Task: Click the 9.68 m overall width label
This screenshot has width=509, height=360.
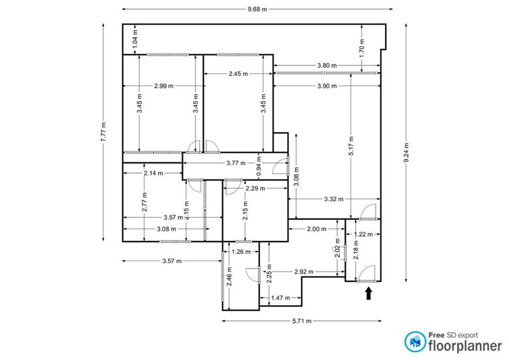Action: pos(257,9)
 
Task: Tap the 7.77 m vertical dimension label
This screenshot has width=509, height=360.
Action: pos(103,132)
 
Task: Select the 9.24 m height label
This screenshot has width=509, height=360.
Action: pos(406,152)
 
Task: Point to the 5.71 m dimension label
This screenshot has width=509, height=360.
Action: pos(302,321)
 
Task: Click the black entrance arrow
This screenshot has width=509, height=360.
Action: pos(368,293)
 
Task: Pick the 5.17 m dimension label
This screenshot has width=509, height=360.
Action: pos(351,146)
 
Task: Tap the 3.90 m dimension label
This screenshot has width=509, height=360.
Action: pos(327,86)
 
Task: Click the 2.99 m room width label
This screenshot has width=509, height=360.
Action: pos(164,86)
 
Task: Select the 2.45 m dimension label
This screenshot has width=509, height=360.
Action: pos(238,74)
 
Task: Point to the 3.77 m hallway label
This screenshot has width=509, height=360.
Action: pos(236,163)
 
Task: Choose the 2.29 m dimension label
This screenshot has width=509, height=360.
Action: pos(255,188)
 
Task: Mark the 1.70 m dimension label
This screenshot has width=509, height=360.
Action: pos(362,48)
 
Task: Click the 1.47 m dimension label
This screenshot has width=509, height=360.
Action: pos(280,298)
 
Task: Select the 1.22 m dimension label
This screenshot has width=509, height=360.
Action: pos(363,234)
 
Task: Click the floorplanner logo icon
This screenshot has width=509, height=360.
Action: pos(415,342)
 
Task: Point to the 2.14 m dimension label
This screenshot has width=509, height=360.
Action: pos(153,173)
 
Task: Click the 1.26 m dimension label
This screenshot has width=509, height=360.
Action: pos(241,251)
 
